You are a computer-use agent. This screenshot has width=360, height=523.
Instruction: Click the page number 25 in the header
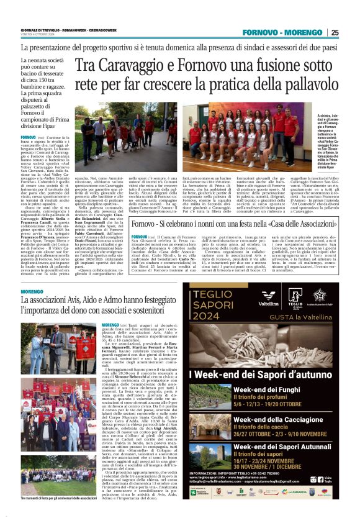[x=351, y=33]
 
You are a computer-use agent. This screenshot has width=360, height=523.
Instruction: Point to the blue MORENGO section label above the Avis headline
[x=32, y=291]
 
